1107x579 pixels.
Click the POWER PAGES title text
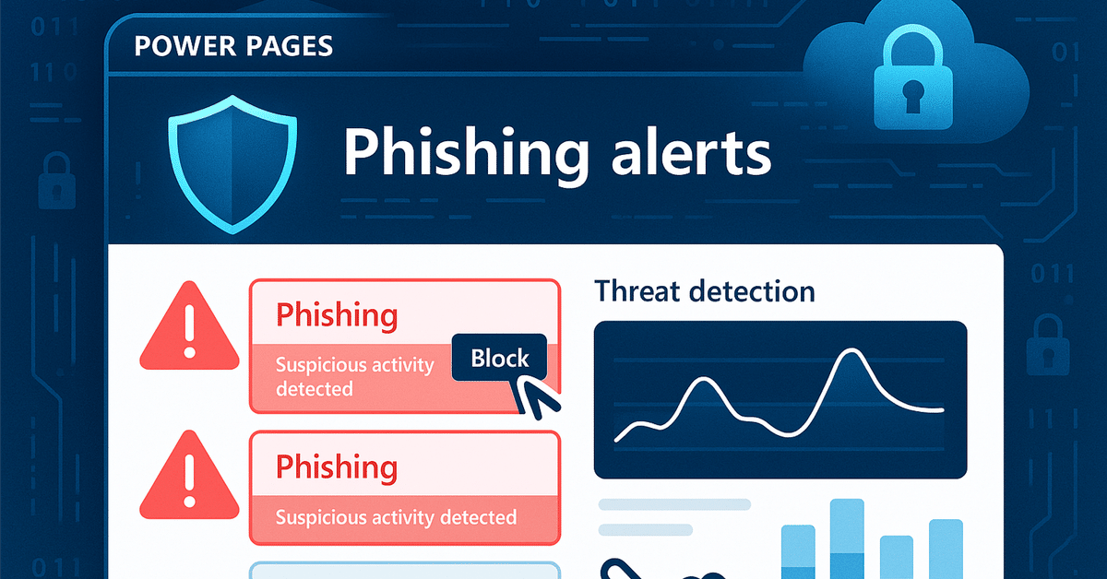tap(233, 46)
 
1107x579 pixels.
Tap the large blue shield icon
tap(232, 164)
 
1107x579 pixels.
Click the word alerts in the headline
tap(691, 151)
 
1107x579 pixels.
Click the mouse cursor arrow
tap(536, 397)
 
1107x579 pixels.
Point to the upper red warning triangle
tap(189, 326)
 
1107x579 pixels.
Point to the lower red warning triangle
tap(189, 475)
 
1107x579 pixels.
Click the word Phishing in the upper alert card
tap(337, 315)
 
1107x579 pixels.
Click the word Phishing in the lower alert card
tap(337, 467)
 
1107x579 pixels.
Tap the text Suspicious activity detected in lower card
tap(396, 517)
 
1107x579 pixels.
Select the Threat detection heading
tap(704, 291)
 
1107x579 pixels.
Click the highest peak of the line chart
tap(851, 349)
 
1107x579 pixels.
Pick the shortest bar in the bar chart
tap(897, 557)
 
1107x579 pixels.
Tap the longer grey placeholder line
tap(674, 504)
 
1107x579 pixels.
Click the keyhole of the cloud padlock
tap(912, 95)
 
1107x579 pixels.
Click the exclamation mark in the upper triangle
tap(189, 330)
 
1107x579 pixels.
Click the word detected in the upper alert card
tap(315, 389)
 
